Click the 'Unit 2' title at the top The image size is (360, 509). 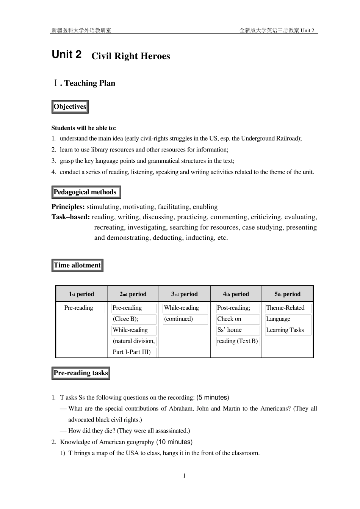[x=67, y=55]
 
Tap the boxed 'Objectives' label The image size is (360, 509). [x=70, y=107]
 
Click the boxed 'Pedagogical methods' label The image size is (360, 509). [x=85, y=192]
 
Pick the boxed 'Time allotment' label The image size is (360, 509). [x=77, y=265]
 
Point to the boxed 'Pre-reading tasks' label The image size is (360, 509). [x=81, y=373]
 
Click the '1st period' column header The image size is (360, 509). [x=81, y=294]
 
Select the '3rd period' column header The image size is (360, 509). [x=185, y=294]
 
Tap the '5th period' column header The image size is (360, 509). [x=288, y=294]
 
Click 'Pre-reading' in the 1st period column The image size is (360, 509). [x=79, y=308]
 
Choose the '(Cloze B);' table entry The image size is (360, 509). [x=125, y=319]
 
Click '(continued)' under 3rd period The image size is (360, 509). [x=178, y=319]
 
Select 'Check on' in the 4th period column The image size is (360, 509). [x=229, y=319]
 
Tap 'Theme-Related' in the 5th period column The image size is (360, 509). [x=285, y=308]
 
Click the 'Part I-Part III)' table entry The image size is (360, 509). [x=131, y=352]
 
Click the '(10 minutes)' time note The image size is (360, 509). [x=174, y=442]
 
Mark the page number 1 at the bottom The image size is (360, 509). [x=184, y=476]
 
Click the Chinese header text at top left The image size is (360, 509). [x=81, y=30]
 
